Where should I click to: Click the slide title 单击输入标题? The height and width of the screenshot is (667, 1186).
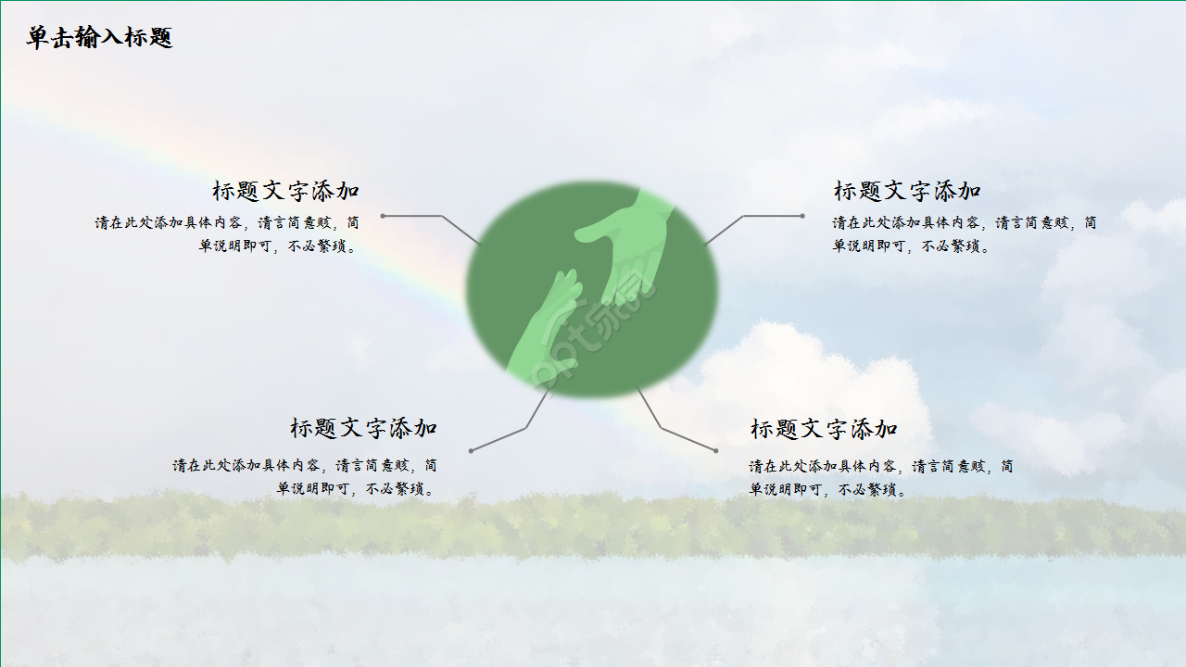[99, 38]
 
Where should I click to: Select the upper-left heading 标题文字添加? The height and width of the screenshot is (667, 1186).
[285, 191]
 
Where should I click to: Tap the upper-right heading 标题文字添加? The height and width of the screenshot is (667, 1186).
[907, 191]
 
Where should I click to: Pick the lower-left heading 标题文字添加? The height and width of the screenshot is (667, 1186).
[363, 428]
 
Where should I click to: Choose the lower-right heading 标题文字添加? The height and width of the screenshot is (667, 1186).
[824, 429]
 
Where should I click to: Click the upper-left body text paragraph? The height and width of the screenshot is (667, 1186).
[227, 234]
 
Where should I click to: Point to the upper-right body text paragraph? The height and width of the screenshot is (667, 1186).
[964, 234]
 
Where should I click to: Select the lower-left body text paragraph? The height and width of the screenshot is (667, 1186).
[305, 477]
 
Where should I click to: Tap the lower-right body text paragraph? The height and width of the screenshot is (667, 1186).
[880, 477]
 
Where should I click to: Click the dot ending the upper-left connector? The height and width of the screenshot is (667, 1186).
[383, 216]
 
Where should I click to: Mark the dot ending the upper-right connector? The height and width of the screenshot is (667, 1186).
[802, 216]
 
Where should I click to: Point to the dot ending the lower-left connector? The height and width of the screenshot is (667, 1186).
[471, 450]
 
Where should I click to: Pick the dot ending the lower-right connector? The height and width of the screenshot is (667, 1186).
[715, 450]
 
